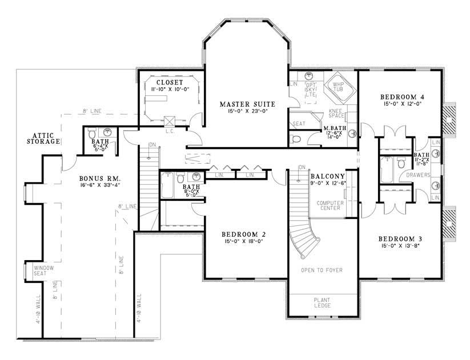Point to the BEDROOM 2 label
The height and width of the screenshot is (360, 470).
click(x=242, y=234)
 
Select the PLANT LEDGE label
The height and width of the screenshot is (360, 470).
click(x=322, y=302)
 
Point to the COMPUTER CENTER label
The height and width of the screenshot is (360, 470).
click(x=329, y=205)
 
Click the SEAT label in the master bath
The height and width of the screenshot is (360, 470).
click(x=298, y=123)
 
